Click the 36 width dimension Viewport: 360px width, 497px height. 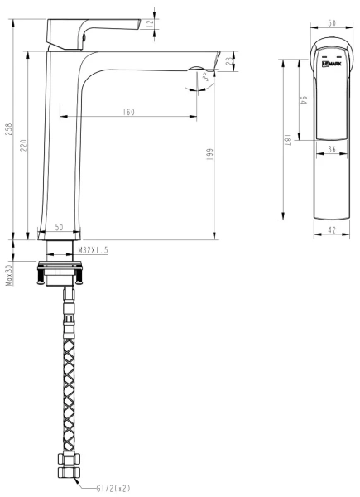click(331, 151)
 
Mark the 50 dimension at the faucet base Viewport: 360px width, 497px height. click(60, 226)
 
